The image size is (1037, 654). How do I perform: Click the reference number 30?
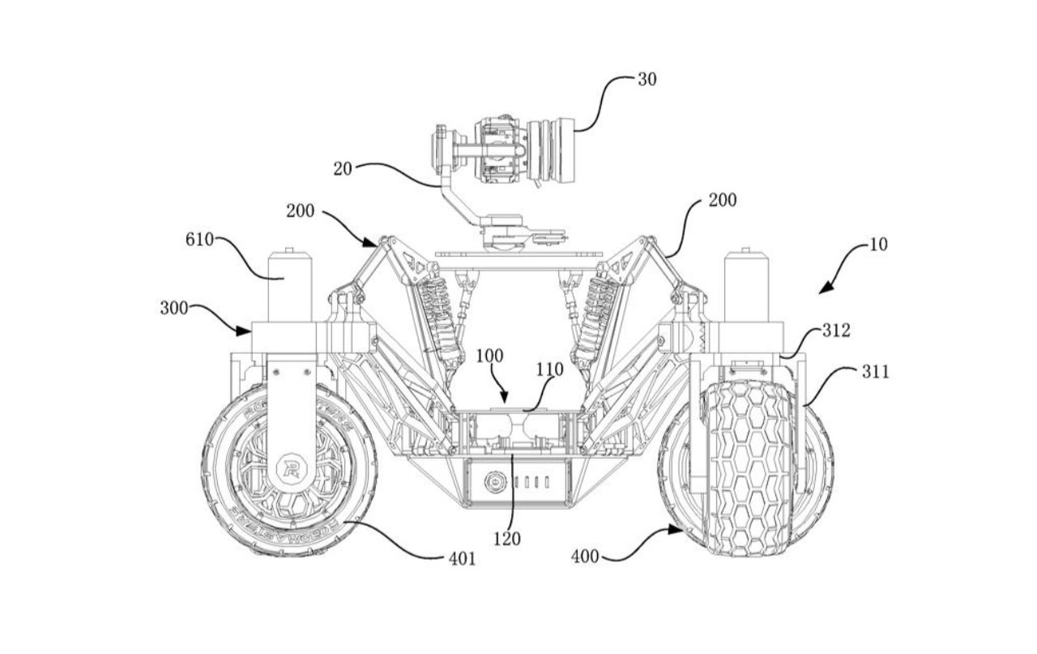tap(647, 79)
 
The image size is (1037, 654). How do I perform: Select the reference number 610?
tap(200, 240)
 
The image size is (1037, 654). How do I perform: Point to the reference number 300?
tap(173, 308)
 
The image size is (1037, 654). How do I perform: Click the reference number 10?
tap(878, 244)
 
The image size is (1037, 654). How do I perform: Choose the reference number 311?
tap(876, 372)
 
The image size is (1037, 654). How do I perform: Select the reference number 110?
tap(551, 370)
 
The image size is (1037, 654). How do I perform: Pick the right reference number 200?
tap(723, 200)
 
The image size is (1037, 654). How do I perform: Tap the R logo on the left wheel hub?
tap(288, 468)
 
